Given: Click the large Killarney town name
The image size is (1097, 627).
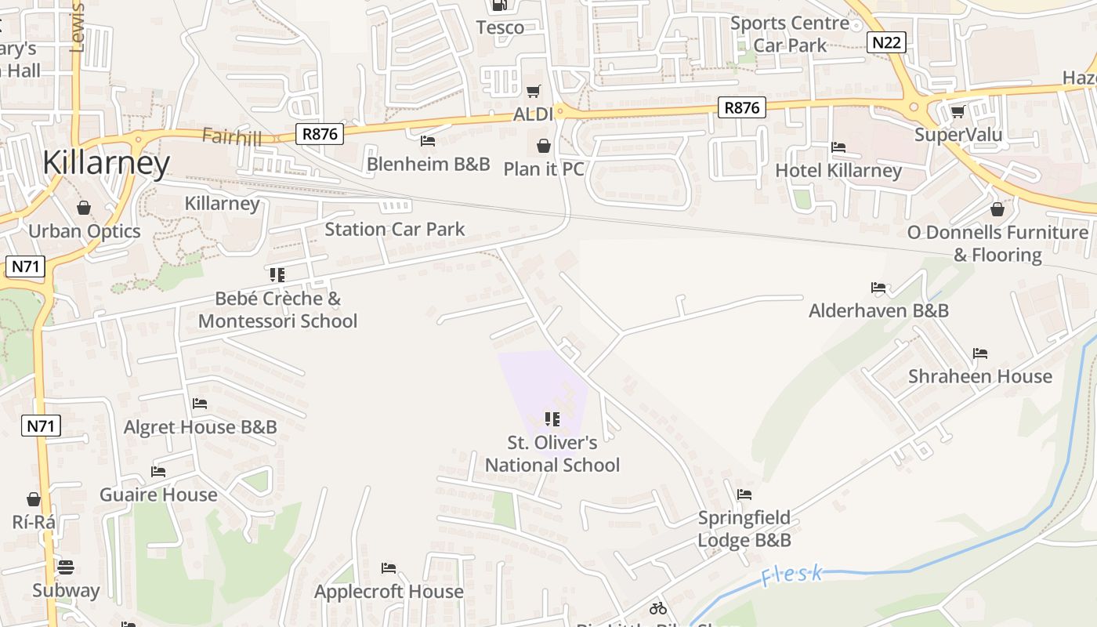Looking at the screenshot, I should pos(107,162).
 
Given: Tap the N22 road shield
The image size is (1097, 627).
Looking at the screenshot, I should pos(886,42).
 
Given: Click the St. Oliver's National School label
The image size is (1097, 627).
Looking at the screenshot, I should pos(552,454).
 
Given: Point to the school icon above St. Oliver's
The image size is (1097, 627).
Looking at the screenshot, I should pos(552,419).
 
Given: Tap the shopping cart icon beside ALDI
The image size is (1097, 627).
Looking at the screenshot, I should pos(534,92).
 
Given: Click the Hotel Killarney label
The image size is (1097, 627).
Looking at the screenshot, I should pos(838,170).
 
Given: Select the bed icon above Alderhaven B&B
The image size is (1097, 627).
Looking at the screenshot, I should pos(878,288).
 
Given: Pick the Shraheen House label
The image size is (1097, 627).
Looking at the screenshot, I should pos(979,376).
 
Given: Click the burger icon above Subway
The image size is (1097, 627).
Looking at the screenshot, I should pos(66,567).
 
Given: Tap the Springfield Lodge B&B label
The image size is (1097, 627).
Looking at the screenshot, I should pos(744,529).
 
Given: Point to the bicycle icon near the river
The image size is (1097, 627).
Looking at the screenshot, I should pos(658,607).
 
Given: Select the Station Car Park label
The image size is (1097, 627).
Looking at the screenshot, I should pos(395,229).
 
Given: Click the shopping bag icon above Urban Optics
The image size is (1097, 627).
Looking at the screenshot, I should pos(84,208).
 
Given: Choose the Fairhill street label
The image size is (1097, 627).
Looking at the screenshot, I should pos(231,136).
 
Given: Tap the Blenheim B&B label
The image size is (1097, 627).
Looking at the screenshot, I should pos(429,164).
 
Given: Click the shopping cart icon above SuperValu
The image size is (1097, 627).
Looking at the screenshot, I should pos(958,111).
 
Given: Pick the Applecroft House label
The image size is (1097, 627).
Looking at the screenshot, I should pos(389,591).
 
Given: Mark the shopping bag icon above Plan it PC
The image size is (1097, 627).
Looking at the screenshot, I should pos(543,146).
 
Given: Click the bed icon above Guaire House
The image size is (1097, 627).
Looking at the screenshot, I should pos(158,472).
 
